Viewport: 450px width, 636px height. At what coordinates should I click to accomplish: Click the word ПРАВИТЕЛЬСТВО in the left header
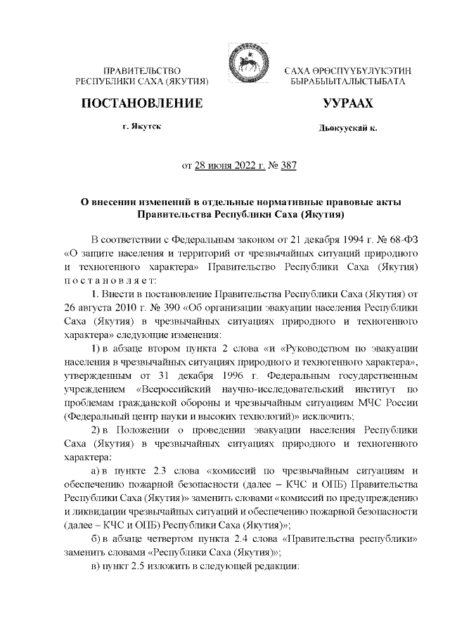tap(143, 72)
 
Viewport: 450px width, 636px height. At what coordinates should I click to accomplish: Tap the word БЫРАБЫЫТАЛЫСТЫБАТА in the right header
tap(347, 83)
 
